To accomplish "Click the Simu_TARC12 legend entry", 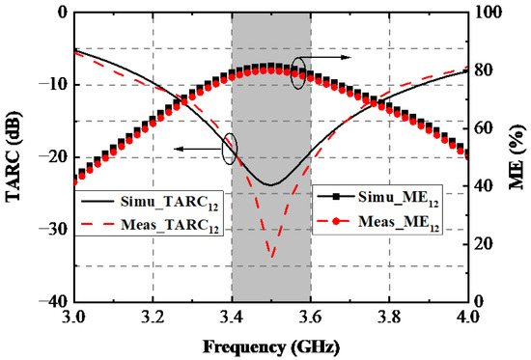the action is (149, 202).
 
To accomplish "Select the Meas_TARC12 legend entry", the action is (149, 225).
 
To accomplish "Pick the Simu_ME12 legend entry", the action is (377, 198).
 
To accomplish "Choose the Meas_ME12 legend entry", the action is (377, 222).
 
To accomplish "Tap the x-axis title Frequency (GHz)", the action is (271, 347).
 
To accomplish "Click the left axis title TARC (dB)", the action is (14, 156).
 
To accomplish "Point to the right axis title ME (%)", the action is (518, 156).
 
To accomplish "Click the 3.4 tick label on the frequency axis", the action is (232, 318).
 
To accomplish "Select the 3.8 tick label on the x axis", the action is (389, 318).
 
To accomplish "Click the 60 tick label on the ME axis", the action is (485, 128).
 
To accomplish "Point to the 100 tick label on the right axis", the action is (489, 13).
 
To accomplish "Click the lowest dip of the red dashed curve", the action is (272, 258).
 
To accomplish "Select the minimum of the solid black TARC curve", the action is (271, 185).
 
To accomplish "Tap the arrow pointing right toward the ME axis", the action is (325, 57).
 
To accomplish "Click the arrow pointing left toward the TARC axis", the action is (199, 149).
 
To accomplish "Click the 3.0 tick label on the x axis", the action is (73, 318).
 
